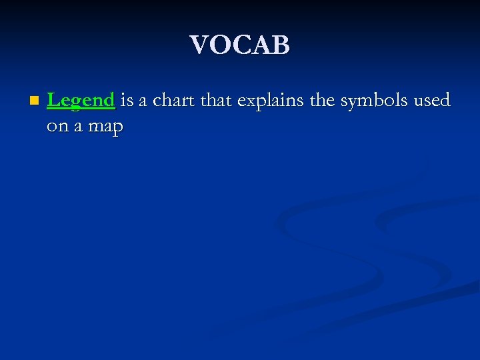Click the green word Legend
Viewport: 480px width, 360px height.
point(81,101)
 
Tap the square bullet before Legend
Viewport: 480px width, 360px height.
point(34,101)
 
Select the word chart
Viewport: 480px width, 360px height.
point(174,101)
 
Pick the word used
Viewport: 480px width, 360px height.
point(431,101)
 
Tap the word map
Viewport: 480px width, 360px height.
point(105,127)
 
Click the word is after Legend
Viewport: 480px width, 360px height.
point(127,101)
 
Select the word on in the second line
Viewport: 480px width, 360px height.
point(57,126)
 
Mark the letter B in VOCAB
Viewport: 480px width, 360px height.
point(281,45)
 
